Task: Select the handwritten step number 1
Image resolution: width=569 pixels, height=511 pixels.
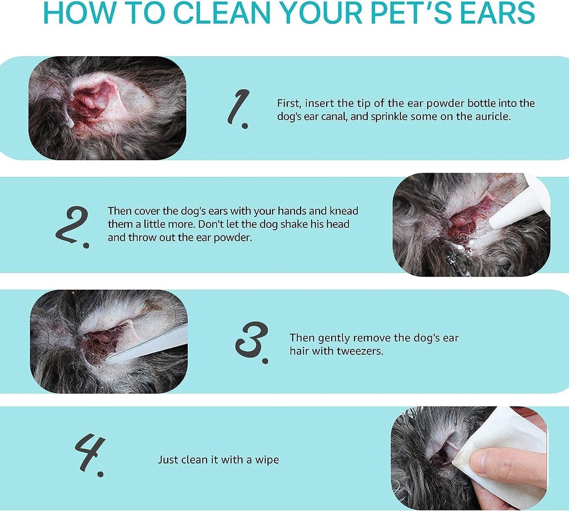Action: click(238, 110)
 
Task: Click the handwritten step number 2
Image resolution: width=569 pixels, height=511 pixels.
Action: click(72, 226)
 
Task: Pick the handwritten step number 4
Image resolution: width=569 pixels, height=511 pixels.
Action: click(89, 455)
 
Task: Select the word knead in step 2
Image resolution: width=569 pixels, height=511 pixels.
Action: click(344, 211)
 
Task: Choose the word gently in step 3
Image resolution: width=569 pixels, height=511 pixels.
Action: click(333, 338)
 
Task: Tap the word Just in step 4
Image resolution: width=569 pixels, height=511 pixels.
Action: click(168, 460)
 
